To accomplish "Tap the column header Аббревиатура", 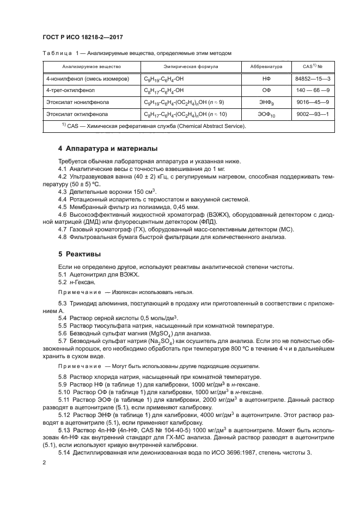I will coord(266,66).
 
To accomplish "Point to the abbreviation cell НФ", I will coord(266,78).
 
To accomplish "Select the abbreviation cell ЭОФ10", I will coord(266,115).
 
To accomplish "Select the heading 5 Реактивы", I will coord(82,254).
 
